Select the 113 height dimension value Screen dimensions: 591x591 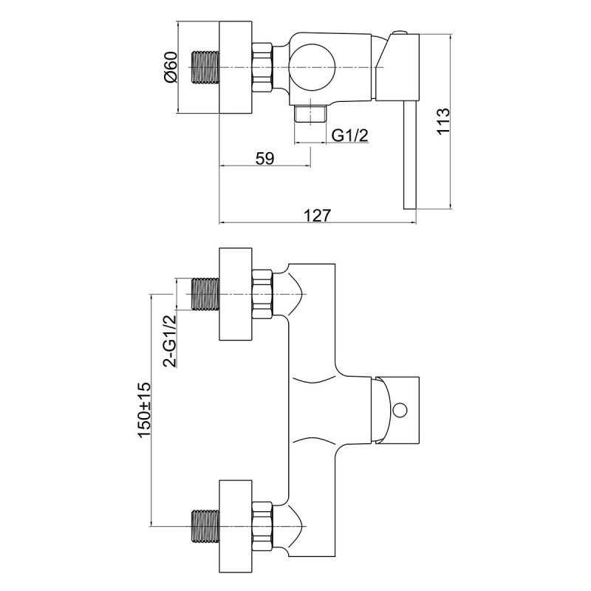443,121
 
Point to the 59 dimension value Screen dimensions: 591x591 264,157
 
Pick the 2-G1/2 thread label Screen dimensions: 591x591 170,340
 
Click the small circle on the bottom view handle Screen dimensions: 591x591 401,409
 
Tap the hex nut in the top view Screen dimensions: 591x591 263,68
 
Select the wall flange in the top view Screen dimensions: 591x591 236,68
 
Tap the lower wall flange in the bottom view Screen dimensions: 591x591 236,525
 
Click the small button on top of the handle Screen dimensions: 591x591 400,33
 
